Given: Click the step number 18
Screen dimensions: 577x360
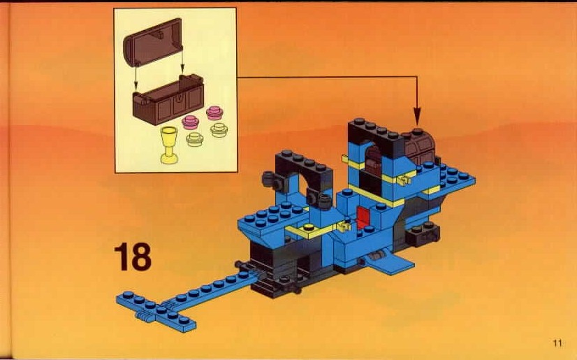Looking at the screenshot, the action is [133, 257].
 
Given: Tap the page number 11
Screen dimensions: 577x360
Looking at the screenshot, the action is [557, 343].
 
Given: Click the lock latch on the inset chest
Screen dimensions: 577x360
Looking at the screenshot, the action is [179, 99].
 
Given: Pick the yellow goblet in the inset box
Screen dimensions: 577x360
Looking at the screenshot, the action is [169, 145].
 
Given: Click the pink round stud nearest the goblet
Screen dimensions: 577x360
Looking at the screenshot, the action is [190, 122].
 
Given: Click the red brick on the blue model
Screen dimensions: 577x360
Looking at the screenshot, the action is [363, 215].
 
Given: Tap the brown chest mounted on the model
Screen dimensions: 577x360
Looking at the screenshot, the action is [420, 148].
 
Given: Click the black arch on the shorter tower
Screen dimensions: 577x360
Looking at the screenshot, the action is [304, 173].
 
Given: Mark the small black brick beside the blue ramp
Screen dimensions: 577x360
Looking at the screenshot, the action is [423, 234].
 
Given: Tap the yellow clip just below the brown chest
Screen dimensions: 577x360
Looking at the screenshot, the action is [404, 180].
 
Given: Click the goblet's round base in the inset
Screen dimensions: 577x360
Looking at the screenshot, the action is [169, 159].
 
